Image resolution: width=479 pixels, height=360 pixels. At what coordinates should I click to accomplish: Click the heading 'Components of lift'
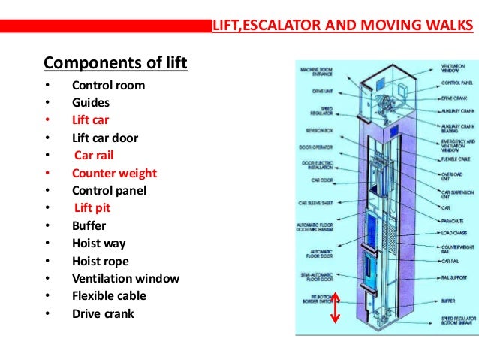(x=115, y=61)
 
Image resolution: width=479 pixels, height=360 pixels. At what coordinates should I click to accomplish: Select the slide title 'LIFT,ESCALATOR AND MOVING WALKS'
(x=344, y=28)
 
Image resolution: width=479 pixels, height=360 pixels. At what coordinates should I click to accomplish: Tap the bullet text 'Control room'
(x=108, y=85)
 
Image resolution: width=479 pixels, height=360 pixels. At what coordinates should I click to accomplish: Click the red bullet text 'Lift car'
(x=92, y=120)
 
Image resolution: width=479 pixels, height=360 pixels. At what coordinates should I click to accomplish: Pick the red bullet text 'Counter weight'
(x=114, y=173)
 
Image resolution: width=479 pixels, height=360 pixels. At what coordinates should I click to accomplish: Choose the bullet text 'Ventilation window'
(x=125, y=278)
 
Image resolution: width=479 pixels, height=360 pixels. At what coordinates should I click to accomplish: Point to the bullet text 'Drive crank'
(x=103, y=313)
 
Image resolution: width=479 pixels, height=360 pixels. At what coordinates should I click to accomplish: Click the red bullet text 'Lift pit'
(x=93, y=208)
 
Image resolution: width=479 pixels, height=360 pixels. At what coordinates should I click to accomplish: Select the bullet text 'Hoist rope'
(x=101, y=261)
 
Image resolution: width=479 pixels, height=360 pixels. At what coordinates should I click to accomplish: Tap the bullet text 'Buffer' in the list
(x=89, y=225)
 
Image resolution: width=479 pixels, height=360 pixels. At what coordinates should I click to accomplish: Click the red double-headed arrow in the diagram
(x=335, y=307)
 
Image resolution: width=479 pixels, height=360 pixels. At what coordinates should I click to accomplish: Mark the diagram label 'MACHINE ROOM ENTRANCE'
(x=318, y=71)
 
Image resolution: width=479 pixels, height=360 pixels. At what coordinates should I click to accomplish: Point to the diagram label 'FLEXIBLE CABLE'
(x=457, y=159)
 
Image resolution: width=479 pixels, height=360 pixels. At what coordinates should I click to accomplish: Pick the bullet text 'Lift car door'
(x=105, y=138)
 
